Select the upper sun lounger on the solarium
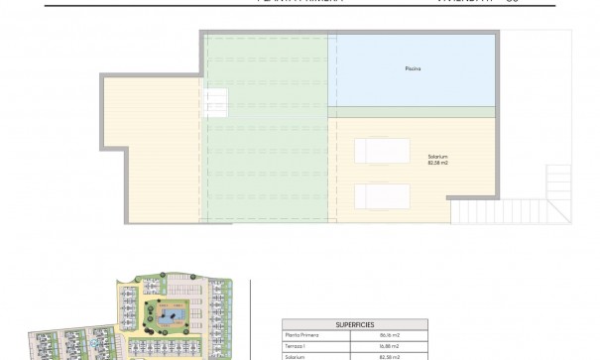pyautogui.click(x=381, y=151)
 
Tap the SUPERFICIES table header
pyautogui.click(x=354, y=324)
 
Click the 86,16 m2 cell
pyautogui.click(x=389, y=336)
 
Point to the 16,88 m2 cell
pyautogui.click(x=389, y=346)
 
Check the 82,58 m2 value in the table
pyautogui.click(x=389, y=356)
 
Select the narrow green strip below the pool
pyautogui.click(x=411, y=111)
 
